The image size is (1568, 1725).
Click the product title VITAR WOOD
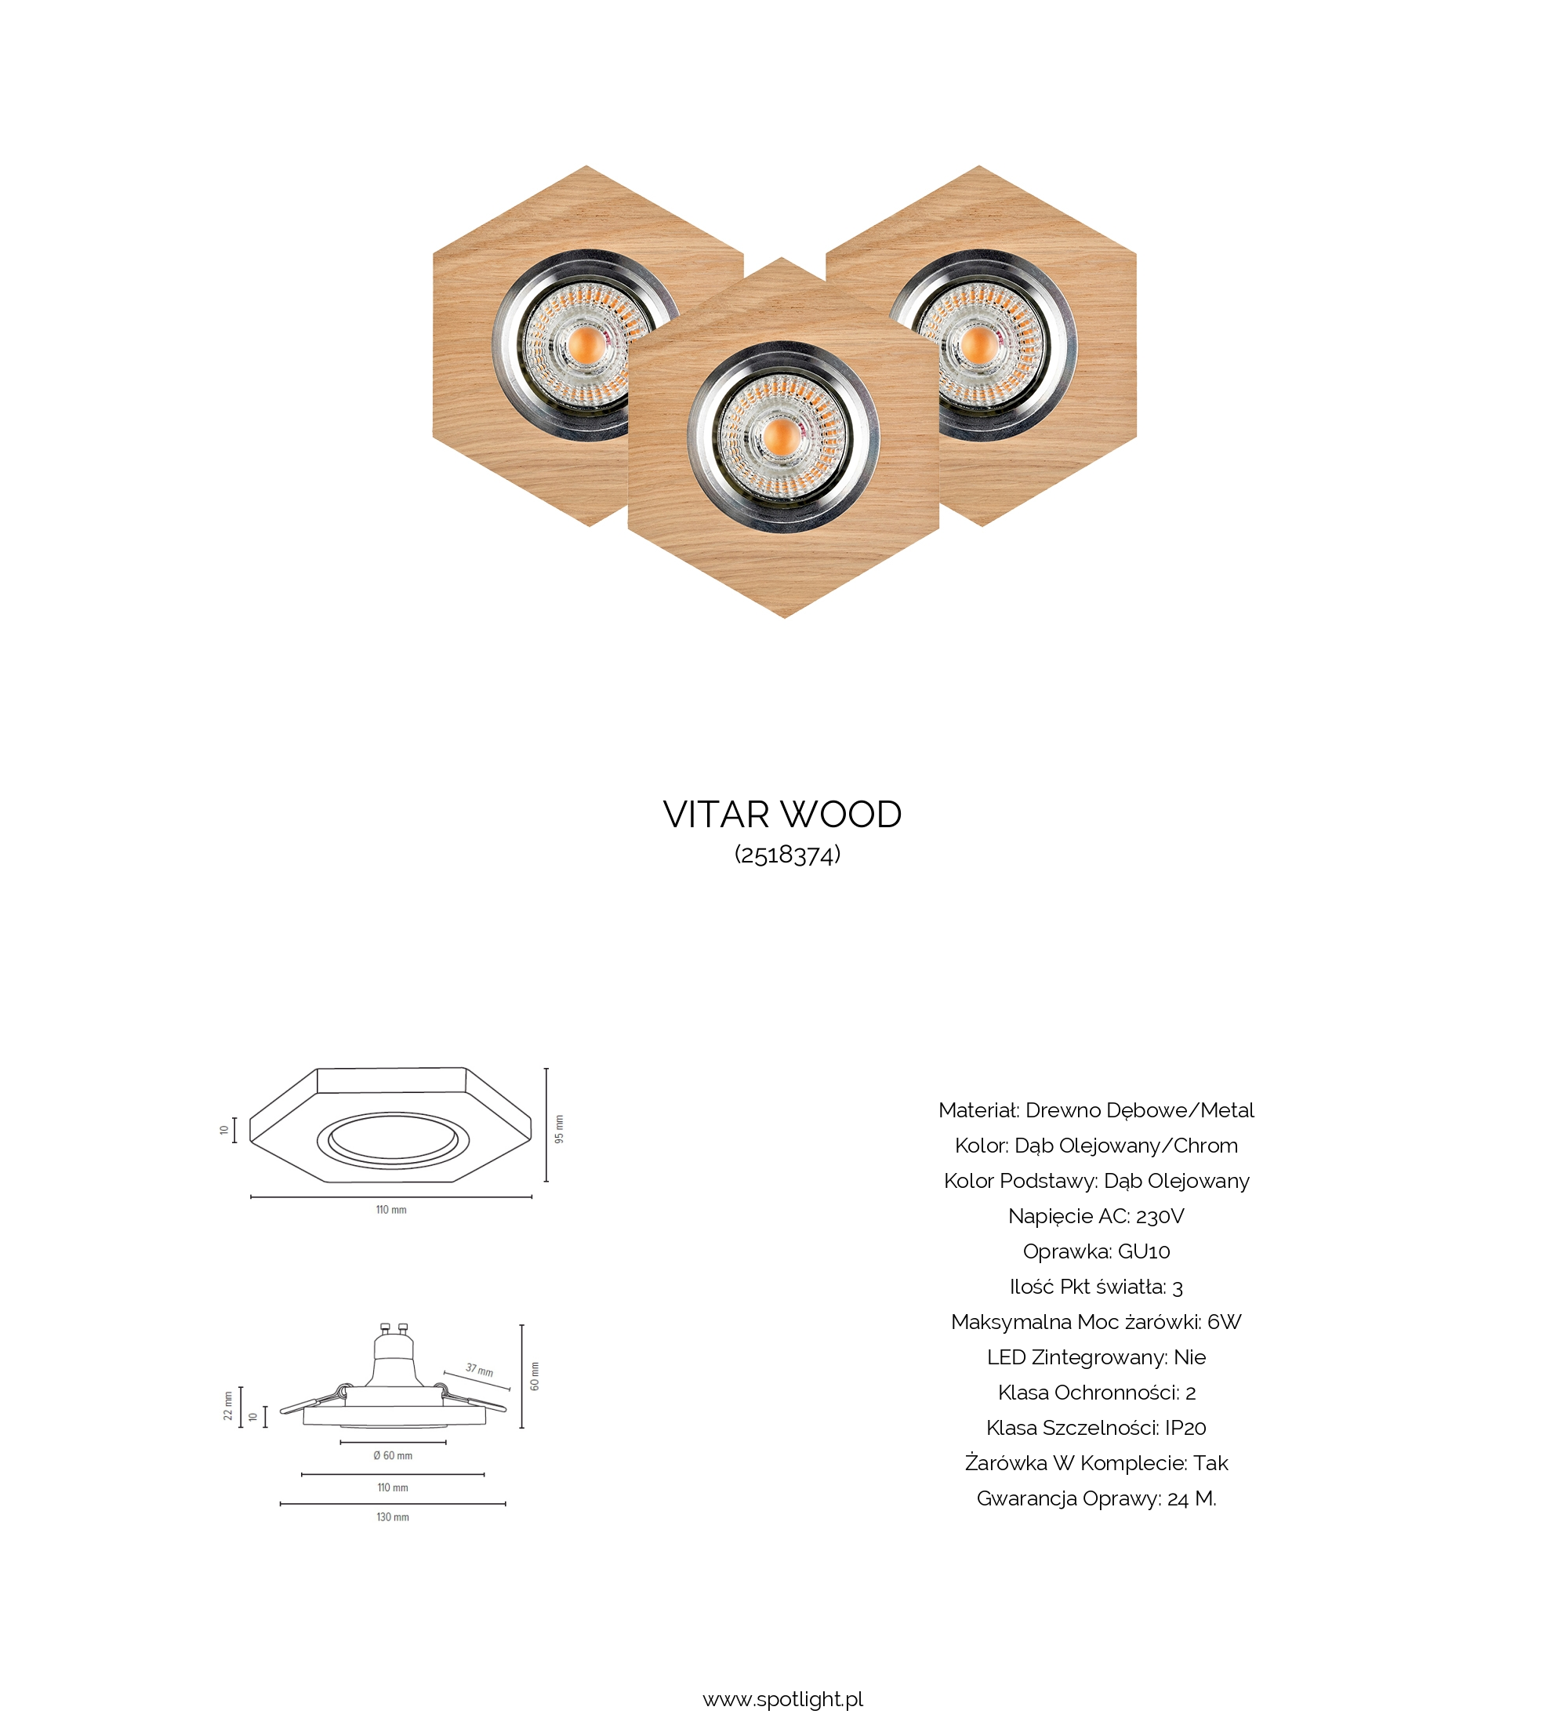[x=782, y=815]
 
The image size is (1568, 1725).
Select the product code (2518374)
[x=788, y=855]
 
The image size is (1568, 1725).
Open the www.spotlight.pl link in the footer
[x=782, y=1699]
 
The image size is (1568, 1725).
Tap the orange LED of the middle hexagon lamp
[x=781, y=438]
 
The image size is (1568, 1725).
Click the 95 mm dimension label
[x=560, y=1128]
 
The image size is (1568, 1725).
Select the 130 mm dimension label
[x=393, y=1517]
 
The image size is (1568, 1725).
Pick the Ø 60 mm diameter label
[x=393, y=1455]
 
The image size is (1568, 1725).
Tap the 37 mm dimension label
[x=479, y=1370]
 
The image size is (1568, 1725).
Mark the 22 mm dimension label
[x=227, y=1406]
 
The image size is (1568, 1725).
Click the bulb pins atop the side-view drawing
[x=394, y=1329]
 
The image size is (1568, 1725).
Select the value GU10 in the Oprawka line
[x=1144, y=1251]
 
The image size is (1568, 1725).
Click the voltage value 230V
[x=1160, y=1216]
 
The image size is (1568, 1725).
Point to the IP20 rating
[x=1185, y=1427]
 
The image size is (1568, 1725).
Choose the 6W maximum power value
[x=1224, y=1322]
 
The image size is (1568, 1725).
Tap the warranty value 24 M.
[x=1191, y=1498]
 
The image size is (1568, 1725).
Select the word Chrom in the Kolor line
[x=1205, y=1145]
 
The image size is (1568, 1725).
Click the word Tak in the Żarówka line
[x=1210, y=1463]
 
